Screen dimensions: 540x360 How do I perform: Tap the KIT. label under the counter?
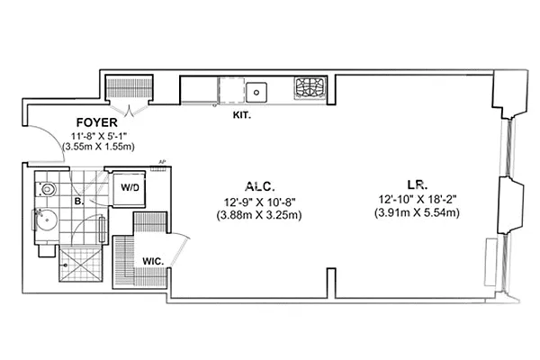pos(240,115)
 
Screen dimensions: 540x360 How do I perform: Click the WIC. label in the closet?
pos(152,261)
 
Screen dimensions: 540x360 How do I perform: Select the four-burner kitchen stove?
pos(310,88)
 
